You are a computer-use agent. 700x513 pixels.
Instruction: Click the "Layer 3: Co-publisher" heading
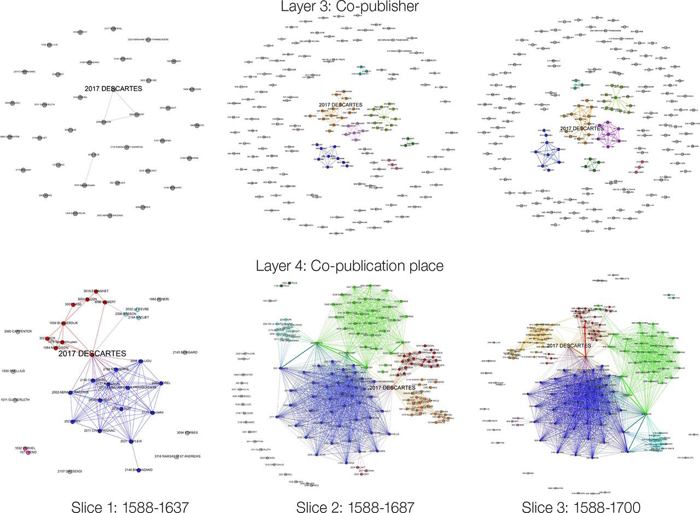349,7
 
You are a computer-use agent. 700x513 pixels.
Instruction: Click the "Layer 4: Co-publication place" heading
349,266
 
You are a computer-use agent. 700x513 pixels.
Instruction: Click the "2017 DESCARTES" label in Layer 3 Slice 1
113,89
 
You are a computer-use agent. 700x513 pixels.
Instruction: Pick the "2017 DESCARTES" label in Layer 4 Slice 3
569,346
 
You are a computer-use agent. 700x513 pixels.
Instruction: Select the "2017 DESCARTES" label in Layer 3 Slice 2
340,105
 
